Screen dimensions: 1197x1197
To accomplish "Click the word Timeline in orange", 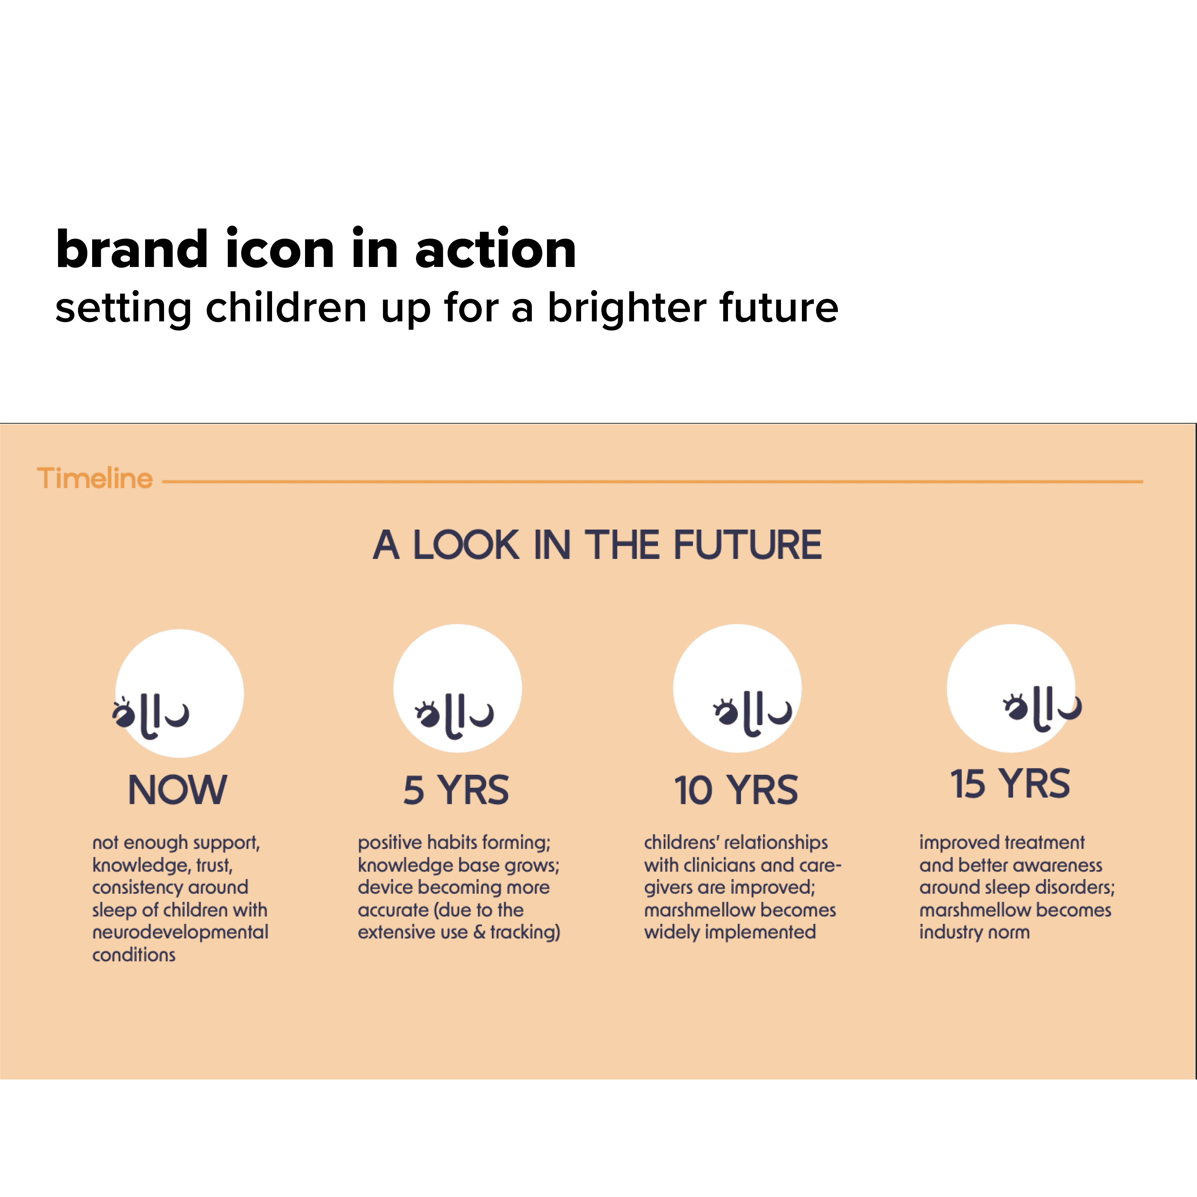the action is (x=95, y=478).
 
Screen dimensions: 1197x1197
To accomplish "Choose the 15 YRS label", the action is (x=1011, y=784).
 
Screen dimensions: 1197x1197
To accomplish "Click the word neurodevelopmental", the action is (x=180, y=933).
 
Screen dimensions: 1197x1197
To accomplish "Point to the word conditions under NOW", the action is (x=134, y=955).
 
